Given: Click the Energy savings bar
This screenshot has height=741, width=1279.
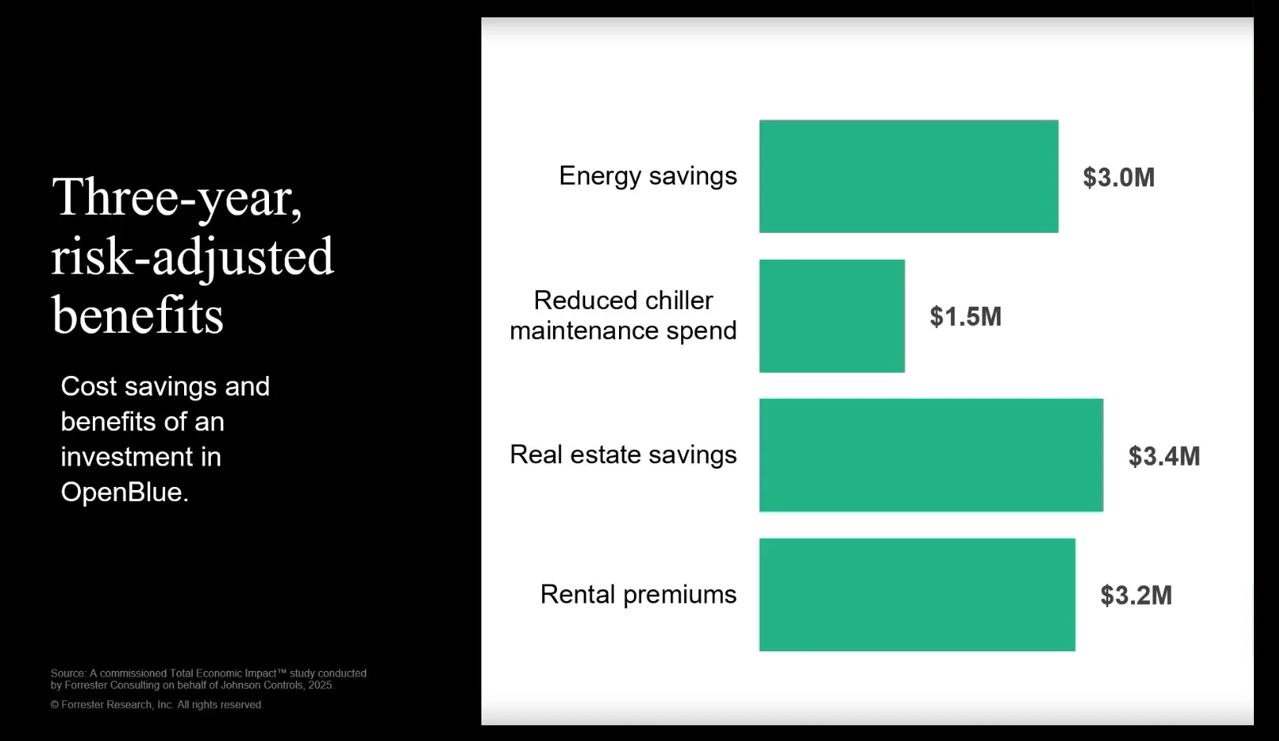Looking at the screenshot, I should pyautogui.click(x=909, y=176).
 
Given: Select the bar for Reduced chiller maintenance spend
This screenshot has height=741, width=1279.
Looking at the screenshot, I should pyautogui.click(x=831, y=316).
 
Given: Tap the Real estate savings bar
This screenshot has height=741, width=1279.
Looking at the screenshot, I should pyautogui.click(x=931, y=455).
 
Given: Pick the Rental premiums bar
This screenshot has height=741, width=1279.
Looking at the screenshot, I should pyautogui.click(x=916, y=595).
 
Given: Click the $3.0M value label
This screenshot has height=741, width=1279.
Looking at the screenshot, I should pyautogui.click(x=1119, y=178).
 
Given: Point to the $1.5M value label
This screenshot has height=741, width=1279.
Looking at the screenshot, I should pyautogui.click(x=965, y=317).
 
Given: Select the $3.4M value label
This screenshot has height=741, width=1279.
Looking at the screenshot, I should pyautogui.click(x=1163, y=456).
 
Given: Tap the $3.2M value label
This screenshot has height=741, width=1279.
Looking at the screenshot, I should pyautogui.click(x=1136, y=595).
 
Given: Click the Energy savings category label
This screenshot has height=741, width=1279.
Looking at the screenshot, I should pyautogui.click(x=647, y=176).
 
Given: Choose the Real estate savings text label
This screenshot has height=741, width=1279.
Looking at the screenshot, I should pyautogui.click(x=623, y=455).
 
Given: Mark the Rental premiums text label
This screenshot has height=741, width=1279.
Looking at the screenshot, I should pyautogui.click(x=638, y=595).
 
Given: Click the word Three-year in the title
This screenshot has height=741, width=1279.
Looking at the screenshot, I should pyautogui.click(x=176, y=197).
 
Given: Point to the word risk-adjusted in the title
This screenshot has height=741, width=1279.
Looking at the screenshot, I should pyautogui.click(x=193, y=257).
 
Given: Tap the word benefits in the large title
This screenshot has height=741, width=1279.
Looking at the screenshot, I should pyautogui.click(x=138, y=315).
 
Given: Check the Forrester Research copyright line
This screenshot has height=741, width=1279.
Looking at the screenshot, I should pyautogui.click(x=157, y=705).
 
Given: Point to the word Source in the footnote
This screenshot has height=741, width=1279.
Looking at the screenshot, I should pyautogui.click(x=68, y=673).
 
